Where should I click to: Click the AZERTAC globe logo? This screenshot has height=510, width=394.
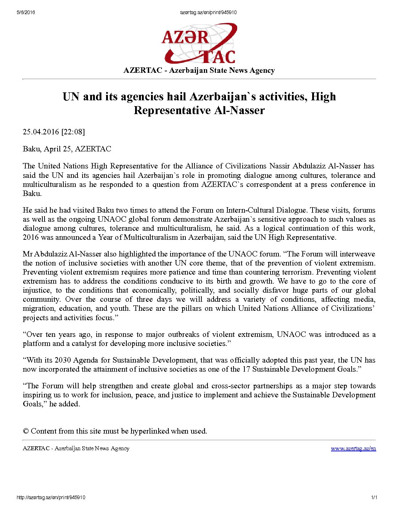point(199,43)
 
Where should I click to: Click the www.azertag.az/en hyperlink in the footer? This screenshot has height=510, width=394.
point(353,448)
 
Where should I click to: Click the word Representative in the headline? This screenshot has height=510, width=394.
point(172,110)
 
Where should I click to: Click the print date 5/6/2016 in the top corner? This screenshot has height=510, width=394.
point(26,12)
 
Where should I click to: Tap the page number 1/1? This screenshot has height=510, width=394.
point(374,497)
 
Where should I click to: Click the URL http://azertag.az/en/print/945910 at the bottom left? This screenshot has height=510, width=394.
point(51,497)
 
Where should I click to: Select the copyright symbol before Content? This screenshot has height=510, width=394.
point(26,431)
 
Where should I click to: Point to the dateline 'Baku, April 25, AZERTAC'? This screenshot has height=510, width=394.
point(67,149)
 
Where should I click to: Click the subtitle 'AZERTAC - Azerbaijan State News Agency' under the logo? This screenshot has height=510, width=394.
point(199,70)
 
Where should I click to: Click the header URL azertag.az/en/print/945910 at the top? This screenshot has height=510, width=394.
point(208,12)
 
